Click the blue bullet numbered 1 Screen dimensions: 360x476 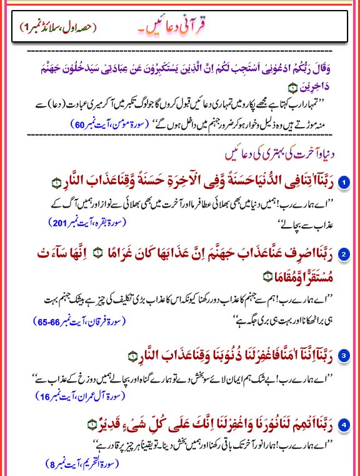point(342,181)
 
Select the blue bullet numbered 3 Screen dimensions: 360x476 point(342,356)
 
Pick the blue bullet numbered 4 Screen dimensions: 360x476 point(342,426)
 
